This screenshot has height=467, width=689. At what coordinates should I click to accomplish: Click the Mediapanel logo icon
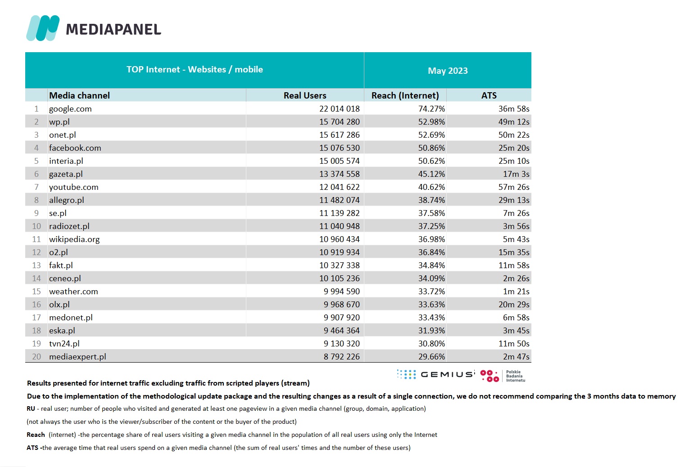tap(43, 28)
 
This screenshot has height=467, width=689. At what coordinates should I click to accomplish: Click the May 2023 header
tap(448, 71)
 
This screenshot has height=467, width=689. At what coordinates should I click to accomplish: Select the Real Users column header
tap(305, 95)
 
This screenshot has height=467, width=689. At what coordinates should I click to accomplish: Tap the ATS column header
tap(489, 95)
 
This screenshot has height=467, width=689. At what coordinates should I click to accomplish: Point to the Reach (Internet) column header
tap(405, 95)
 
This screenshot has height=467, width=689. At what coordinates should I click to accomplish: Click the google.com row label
tap(70, 109)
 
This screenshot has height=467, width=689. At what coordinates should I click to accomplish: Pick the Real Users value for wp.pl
tap(340, 122)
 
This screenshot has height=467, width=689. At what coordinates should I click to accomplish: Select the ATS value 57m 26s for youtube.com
tap(514, 187)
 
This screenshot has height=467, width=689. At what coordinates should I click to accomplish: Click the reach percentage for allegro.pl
tap(431, 200)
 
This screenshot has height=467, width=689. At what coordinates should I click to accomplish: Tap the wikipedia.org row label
tap(74, 239)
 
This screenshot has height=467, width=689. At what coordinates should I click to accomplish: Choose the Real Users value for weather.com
tap(342, 292)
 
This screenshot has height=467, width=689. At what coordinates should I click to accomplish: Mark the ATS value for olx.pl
tap(514, 305)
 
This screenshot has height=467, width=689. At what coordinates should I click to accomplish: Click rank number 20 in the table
tap(36, 357)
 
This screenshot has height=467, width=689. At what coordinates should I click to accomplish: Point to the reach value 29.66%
tap(431, 357)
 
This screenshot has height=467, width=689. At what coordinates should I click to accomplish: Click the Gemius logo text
tap(447, 374)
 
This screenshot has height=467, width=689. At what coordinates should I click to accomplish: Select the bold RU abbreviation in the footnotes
tap(31, 409)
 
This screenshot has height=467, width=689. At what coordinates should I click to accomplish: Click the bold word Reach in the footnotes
tap(36, 435)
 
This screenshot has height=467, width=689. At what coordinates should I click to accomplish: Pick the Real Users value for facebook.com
tap(340, 148)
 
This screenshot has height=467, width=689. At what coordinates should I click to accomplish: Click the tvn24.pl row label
tap(64, 344)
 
